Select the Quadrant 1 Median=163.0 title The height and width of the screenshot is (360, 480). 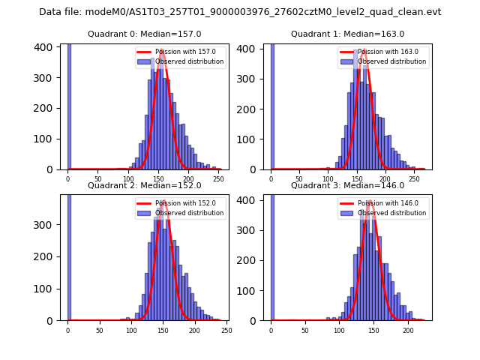pyautogui.click(x=347, y=34)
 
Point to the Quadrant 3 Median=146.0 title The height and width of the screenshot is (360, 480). pyautogui.click(x=347, y=186)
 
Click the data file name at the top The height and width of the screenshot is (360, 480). pyautogui.click(x=240, y=12)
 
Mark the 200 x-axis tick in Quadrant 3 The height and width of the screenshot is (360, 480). pyautogui.click(x=407, y=330)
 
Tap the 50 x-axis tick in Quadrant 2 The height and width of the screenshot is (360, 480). pyautogui.click(x=100, y=330)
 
